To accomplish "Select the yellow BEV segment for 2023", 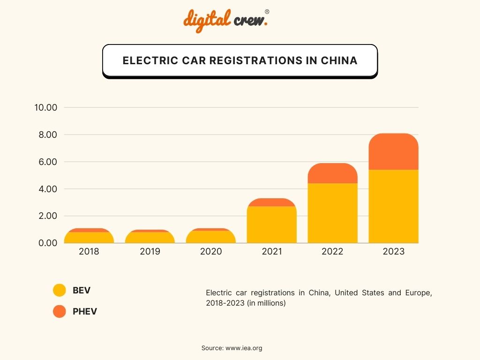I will (x=393, y=206).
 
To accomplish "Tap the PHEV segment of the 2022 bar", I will (x=332, y=174).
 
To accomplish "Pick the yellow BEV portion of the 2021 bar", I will (x=272, y=225).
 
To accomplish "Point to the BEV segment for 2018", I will (x=89, y=238).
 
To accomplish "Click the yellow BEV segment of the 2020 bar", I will (x=211, y=237).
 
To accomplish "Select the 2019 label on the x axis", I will (x=150, y=252).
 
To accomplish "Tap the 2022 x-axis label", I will (x=332, y=252).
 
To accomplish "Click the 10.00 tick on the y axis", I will (x=46, y=108).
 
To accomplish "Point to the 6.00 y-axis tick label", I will (x=46, y=162).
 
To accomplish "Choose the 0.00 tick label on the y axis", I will (x=46, y=243).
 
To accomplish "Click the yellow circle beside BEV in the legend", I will (x=60, y=290).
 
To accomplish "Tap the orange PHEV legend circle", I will (x=60, y=311).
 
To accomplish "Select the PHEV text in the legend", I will (x=85, y=311).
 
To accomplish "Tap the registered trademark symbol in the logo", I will (x=267, y=11).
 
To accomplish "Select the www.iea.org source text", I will (x=244, y=348).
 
